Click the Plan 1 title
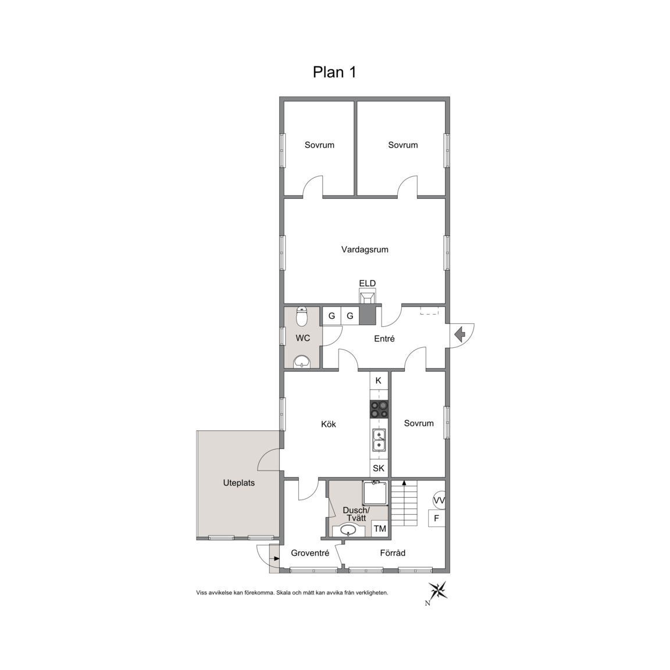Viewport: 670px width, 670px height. click(334, 72)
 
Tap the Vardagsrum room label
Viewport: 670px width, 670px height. click(365, 250)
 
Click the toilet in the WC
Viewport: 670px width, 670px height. click(302, 316)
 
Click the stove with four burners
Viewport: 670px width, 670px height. click(379, 409)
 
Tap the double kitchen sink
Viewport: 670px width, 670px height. click(379, 440)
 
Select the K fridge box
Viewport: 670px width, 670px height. click(379, 380)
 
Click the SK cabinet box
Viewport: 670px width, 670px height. click(379, 468)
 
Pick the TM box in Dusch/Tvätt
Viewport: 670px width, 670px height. click(380, 529)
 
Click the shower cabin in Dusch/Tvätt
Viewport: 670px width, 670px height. click(375, 493)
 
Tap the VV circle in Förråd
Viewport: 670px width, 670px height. click(439, 500)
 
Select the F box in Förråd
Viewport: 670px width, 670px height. click(437, 518)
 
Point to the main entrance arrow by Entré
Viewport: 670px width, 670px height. click(460, 334)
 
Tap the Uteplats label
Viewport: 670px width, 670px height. click(239, 483)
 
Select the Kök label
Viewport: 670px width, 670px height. click(328, 425)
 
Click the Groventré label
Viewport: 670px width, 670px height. click(310, 553)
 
